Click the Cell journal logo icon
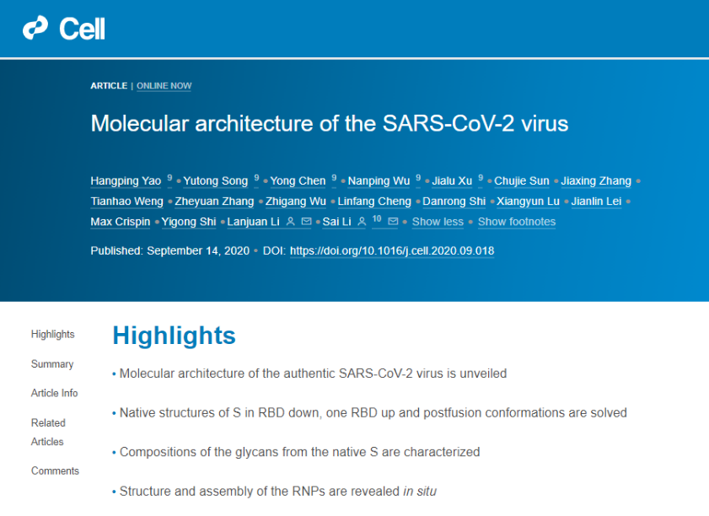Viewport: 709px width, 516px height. coord(35,28)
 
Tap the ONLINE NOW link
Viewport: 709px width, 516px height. coord(164,86)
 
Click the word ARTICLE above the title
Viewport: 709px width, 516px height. coord(109,86)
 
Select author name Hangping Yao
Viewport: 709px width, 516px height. coord(126,181)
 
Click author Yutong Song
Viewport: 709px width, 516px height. coord(216,181)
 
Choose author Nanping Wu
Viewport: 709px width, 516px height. coord(379,181)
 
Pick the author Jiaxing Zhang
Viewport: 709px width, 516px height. coord(596,181)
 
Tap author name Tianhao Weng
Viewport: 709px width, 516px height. coord(126,202)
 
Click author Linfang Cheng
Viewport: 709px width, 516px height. coord(374,202)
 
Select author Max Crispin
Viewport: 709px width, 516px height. coord(121,222)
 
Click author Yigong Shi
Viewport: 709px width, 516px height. coord(189,222)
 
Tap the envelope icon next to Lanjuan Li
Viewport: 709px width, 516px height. coord(307,222)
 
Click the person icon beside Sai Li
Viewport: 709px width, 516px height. coord(362,222)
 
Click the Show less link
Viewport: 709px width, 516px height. coord(438,222)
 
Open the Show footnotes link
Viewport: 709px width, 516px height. coord(517,222)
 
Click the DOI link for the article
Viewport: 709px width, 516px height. coord(392,251)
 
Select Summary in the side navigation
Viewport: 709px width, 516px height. coord(52,364)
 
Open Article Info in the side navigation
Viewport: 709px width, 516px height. coord(54,393)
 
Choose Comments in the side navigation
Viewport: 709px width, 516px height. coord(55,470)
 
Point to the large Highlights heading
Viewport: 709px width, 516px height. coord(174,336)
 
